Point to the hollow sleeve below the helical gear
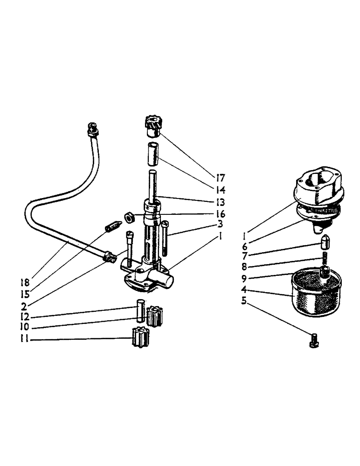152,154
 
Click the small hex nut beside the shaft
130,216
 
